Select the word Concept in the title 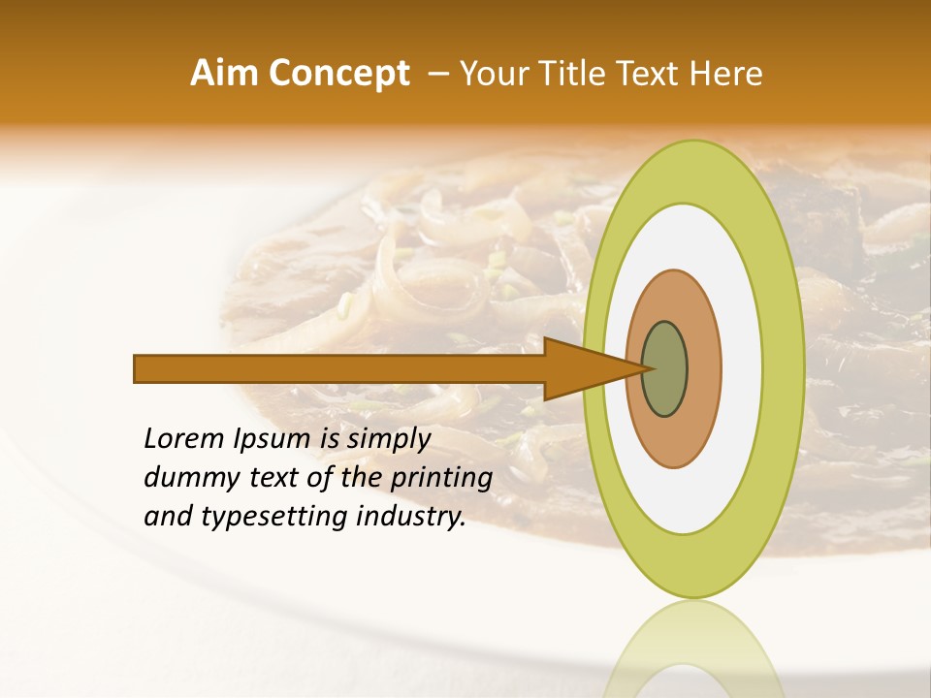point(338,74)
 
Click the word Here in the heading point(726,74)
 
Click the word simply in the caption point(389,440)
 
